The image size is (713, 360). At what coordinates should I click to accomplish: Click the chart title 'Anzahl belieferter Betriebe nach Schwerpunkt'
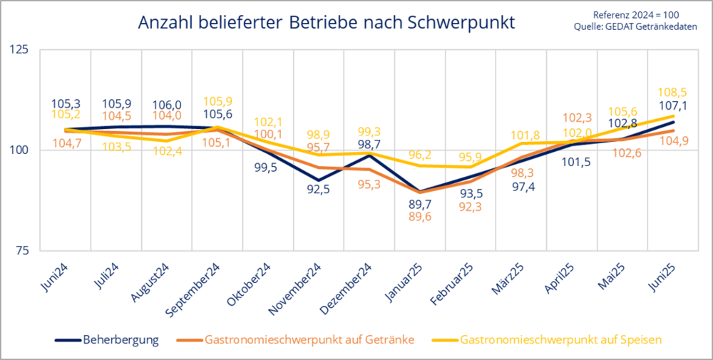click(326, 23)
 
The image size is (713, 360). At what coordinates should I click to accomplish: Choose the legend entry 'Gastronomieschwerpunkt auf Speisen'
click(562, 340)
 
